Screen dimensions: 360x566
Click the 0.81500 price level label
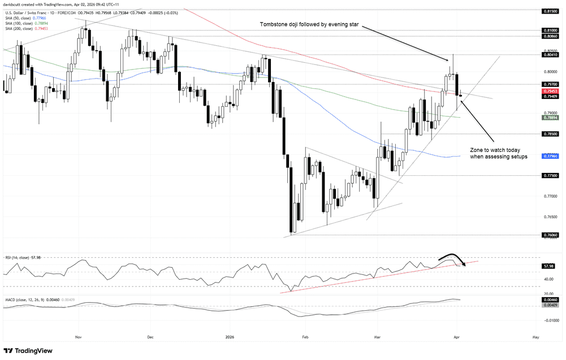point(550,11)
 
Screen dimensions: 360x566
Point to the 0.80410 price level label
point(550,55)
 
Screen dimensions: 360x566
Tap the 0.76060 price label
point(550,235)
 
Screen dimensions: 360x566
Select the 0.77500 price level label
point(550,176)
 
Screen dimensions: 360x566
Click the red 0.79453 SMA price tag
point(550,91)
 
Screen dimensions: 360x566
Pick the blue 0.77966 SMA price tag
point(550,156)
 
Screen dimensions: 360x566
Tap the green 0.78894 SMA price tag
point(550,118)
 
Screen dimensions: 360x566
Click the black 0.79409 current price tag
point(550,97)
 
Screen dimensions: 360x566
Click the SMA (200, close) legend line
point(18,28)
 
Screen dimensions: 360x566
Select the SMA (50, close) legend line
point(16,17)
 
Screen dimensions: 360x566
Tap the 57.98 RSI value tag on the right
point(548,266)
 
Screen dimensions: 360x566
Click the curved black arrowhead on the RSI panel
point(463,263)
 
